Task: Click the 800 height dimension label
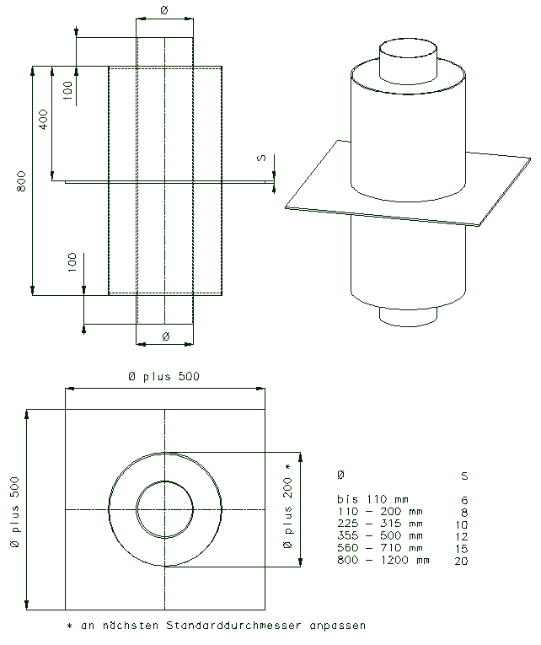pos(21,181)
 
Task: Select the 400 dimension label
pos(44,119)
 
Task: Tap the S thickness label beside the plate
pos(261,158)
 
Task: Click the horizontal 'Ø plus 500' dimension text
pos(163,376)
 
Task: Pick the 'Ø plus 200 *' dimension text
pos(287,506)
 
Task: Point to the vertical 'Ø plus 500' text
pos(14,512)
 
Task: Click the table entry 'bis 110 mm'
pos(372,499)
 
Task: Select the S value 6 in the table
pos(464,500)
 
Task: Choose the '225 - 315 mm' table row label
pos(380,524)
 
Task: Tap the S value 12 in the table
pos(462,536)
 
